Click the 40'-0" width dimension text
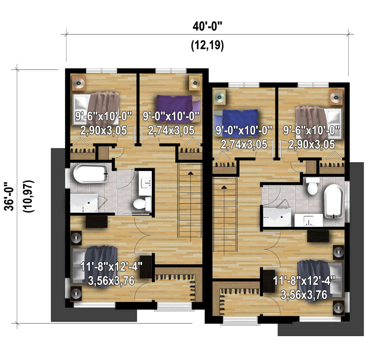click(x=207, y=26)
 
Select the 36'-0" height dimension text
click(x=9, y=196)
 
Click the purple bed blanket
click(x=174, y=108)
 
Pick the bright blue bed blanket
click(x=240, y=122)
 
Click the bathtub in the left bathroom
click(x=90, y=173)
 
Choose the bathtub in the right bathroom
click(x=333, y=201)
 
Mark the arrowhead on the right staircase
click(x=224, y=187)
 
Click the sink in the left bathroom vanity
click(x=146, y=183)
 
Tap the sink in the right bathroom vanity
click(x=309, y=220)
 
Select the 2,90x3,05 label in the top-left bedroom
click(x=103, y=130)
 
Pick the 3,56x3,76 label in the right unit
click(x=304, y=295)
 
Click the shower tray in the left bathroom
click(x=84, y=203)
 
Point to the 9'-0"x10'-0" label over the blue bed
click(x=243, y=131)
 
